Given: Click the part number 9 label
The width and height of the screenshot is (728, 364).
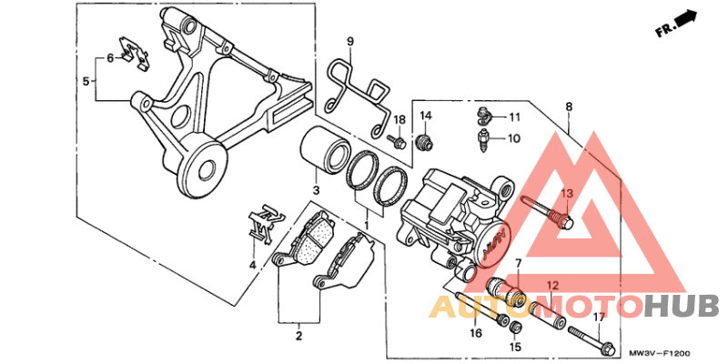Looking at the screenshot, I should pos(350,41).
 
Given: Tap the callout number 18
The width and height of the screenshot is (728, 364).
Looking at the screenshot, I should pos(399,121).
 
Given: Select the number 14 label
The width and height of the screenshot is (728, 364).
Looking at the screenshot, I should pos(425,116).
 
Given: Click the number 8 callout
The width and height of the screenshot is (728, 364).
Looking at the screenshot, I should pos(569,106).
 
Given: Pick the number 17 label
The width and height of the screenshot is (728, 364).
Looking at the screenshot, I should pos(599,317).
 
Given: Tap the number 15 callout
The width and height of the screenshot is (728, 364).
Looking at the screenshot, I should pos(514,348).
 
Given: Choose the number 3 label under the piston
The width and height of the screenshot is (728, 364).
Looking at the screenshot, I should pos(316,190).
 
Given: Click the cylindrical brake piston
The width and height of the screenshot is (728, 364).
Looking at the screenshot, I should pos(323,149).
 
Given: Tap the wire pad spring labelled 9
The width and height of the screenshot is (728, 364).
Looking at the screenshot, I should pos(356,87).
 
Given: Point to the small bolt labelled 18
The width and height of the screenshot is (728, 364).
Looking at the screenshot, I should pos(396,141).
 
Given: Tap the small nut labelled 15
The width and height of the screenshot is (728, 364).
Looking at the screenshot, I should pos(514,329).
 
